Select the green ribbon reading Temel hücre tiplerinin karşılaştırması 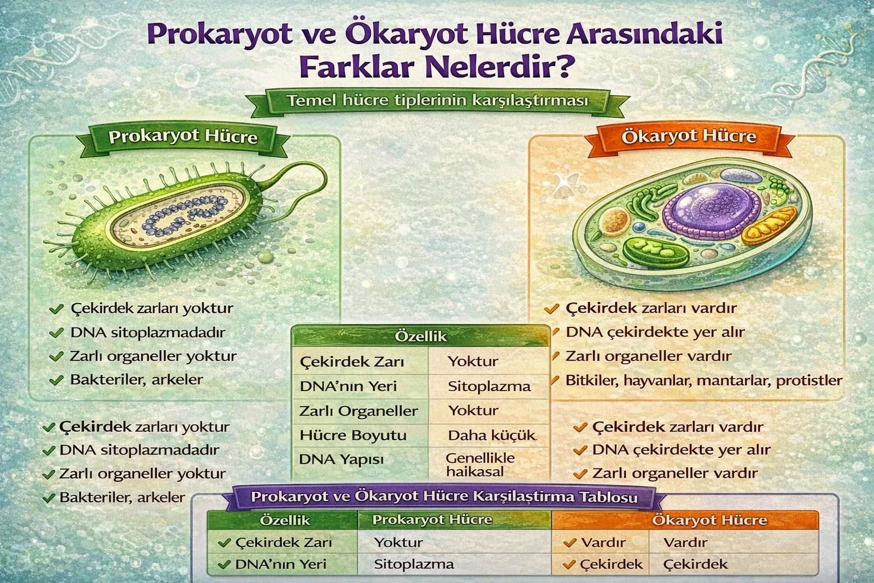[437, 101]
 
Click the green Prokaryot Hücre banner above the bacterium [183, 137]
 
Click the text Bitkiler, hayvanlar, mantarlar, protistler [703, 380]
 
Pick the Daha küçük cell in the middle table [492, 436]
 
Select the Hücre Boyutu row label [353, 436]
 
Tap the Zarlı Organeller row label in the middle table [358, 410]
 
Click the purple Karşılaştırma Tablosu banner [444, 496]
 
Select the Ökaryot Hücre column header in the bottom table [709, 520]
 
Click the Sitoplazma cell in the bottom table [414, 564]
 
